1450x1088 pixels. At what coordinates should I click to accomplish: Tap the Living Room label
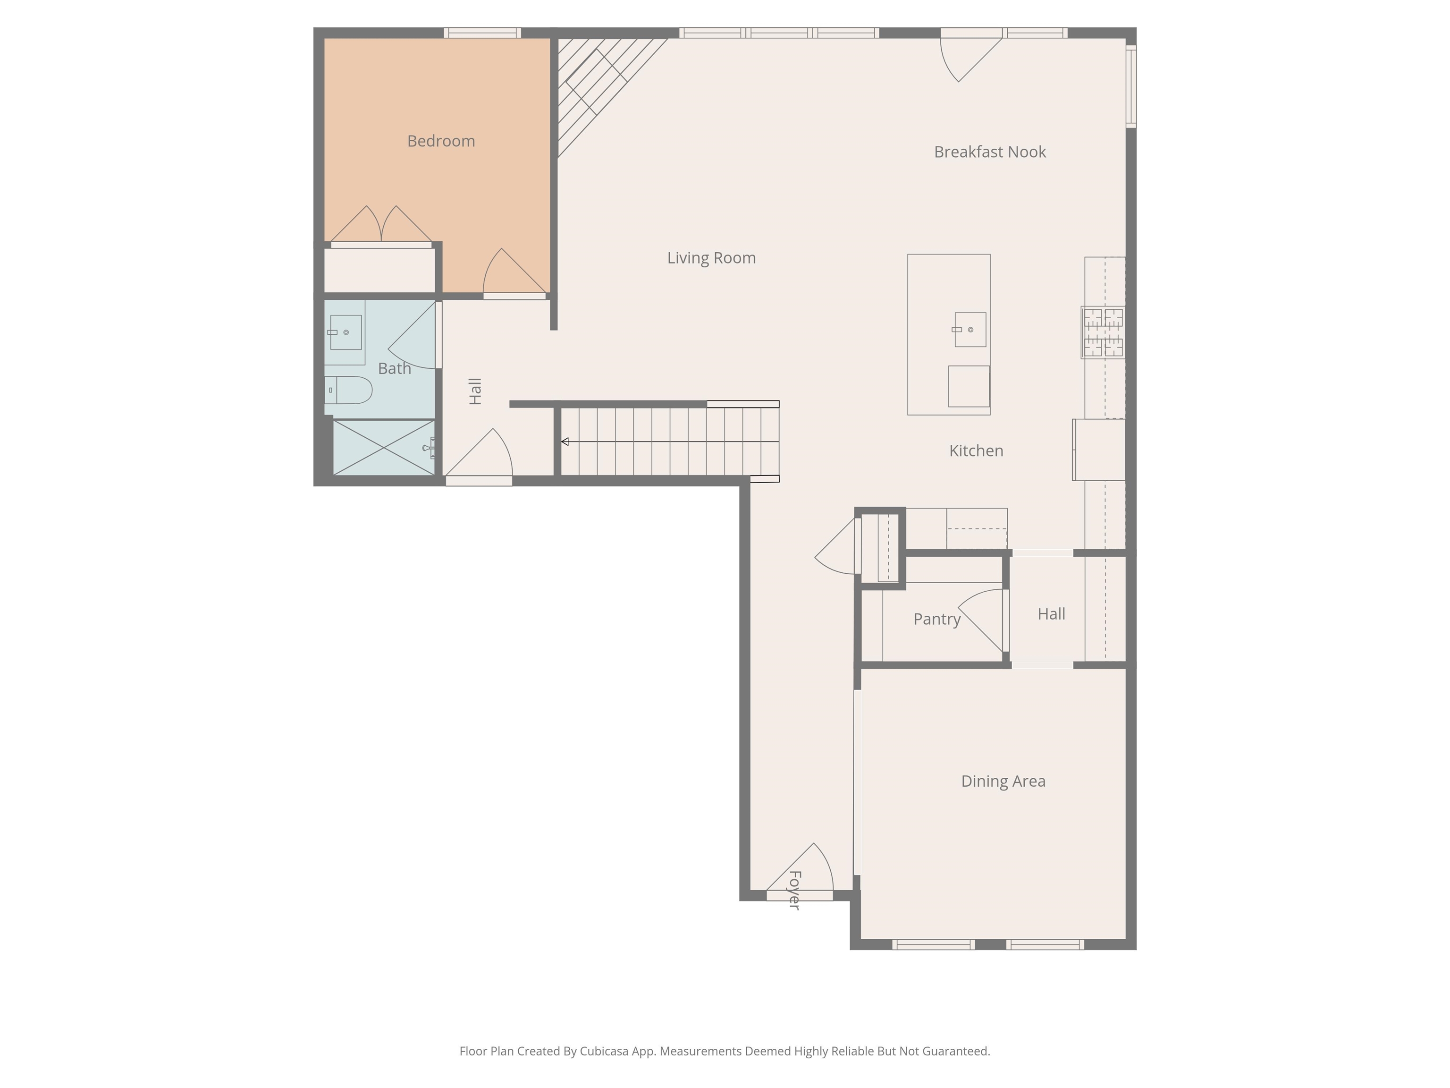[x=711, y=258]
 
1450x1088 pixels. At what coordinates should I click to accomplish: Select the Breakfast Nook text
[x=990, y=152]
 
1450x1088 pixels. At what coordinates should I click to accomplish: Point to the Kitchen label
[x=976, y=450]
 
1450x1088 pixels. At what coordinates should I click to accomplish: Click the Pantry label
[x=937, y=619]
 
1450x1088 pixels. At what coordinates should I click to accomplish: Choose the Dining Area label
[x=1003, y=781]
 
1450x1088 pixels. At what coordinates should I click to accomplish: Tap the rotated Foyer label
[x=794, y=890]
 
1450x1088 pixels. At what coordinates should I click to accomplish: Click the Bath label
[x=395, y=368]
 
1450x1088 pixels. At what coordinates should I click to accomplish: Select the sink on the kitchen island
[x=969, y=329]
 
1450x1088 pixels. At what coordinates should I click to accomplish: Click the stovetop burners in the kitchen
[x=1103, y=332]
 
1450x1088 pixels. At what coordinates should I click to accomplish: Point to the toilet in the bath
[x=349, y=390]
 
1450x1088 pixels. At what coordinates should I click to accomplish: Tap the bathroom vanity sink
[x=345, y=332]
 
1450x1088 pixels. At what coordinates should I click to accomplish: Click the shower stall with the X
[x=383, y=447]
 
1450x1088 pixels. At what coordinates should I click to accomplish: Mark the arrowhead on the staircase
[x=565, y=442]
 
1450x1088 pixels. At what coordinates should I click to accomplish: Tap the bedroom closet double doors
[x=381, y=224]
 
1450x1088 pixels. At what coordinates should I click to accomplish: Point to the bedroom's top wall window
[x=482, y=33]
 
